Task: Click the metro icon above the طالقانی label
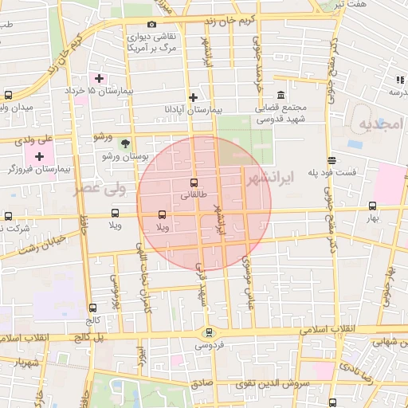click(x=194, y=182)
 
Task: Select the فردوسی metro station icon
click(x=210, y=333)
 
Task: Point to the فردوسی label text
click(x=210, y=345)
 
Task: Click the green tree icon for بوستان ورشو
click(x=125, y=143)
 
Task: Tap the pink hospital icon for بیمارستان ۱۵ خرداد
click(x=99, y=78)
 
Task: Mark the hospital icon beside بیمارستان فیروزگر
click(x=39, y=156)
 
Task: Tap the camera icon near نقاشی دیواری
click(x=152, y=24)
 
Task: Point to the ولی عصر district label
click(x=100, y=189)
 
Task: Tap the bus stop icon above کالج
click(x=93, y=308)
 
